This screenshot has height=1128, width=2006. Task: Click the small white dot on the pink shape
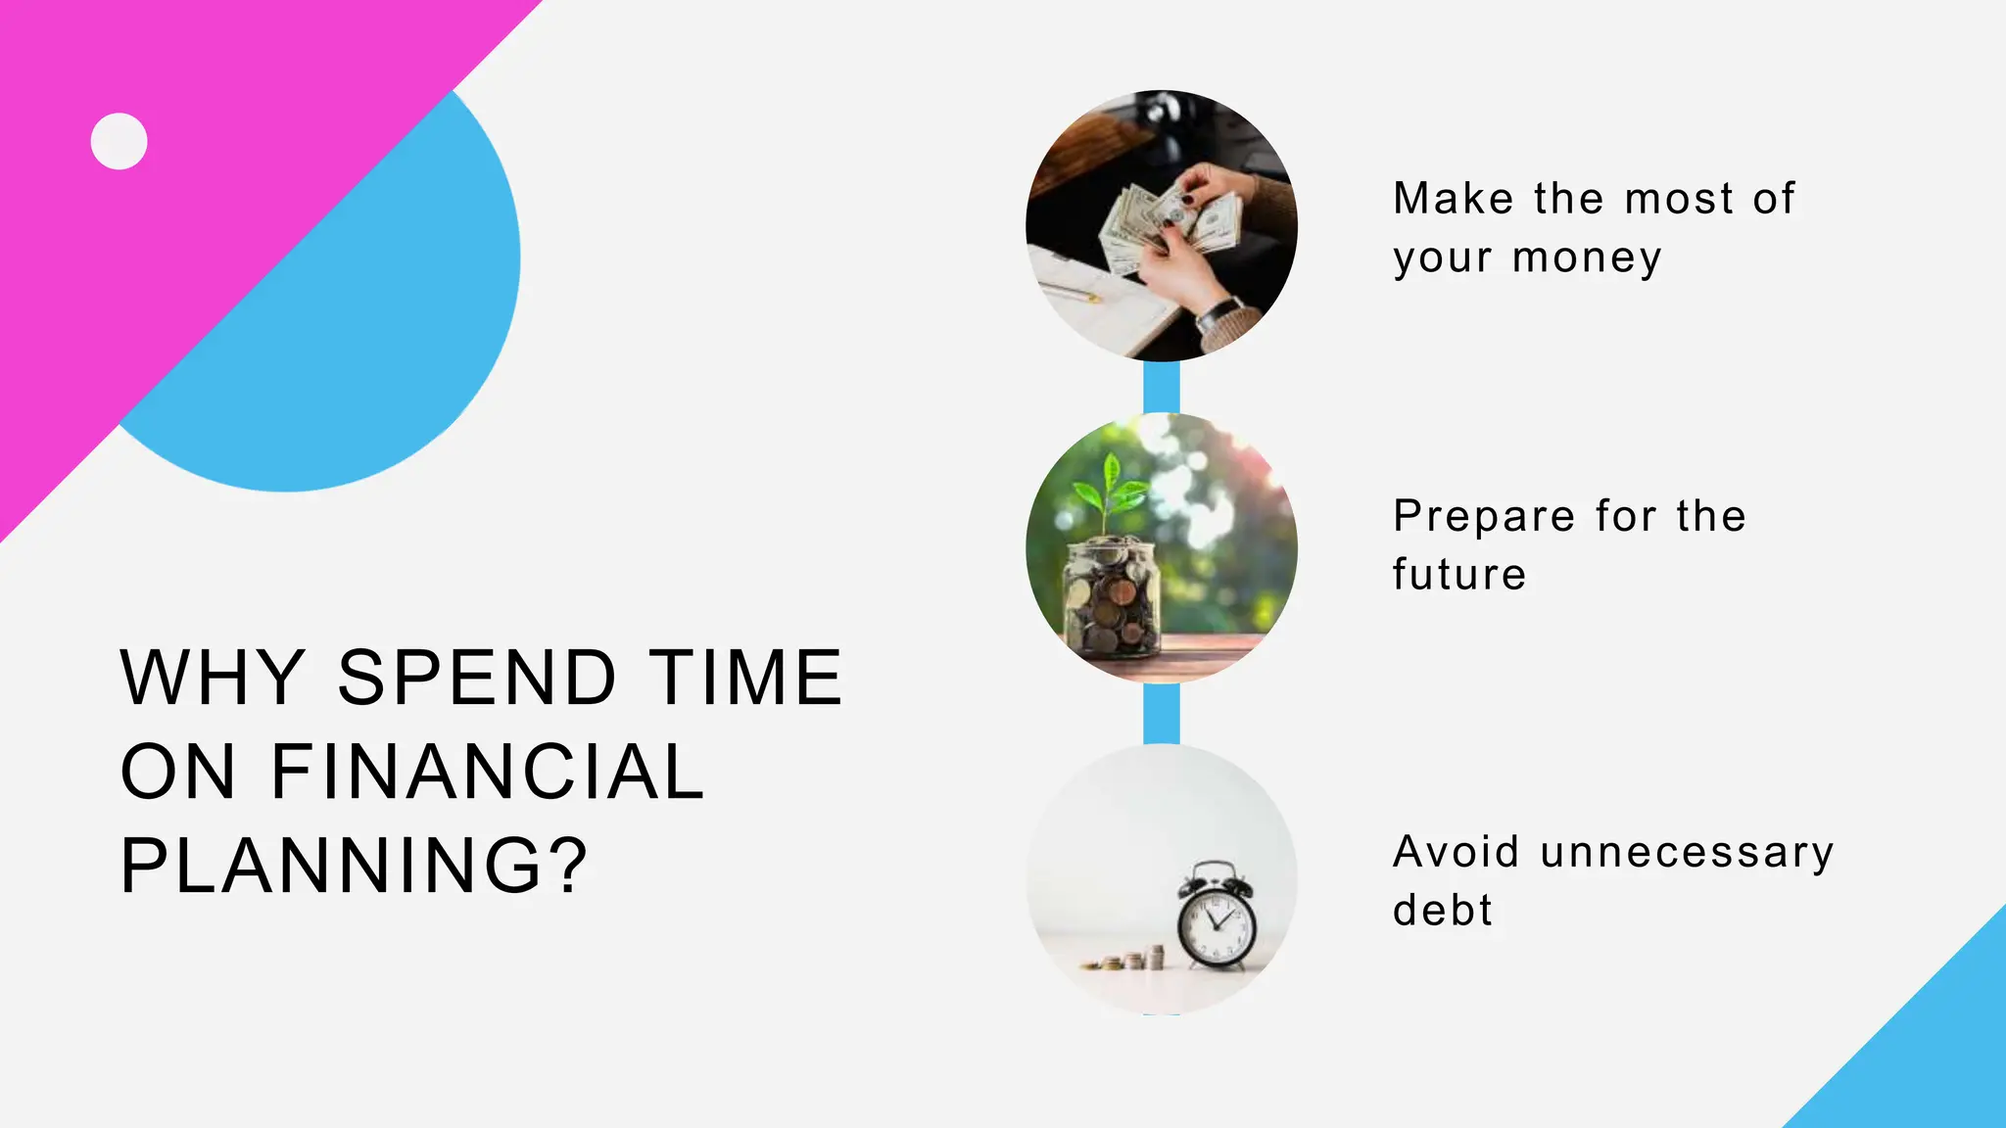(119, 141)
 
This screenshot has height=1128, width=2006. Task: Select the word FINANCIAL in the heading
(487, 772)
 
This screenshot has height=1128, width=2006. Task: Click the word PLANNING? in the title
(355, 865)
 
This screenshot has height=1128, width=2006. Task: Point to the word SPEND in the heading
(477, 677)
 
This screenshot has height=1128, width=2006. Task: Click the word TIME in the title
(746, 677)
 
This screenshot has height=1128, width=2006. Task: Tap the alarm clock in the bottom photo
(1216, 916)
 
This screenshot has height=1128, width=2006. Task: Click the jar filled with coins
(1111, 597)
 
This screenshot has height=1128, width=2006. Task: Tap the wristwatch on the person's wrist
(1218, 315)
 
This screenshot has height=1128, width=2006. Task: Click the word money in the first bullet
(1587, 258)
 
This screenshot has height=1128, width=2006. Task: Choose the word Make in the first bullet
(1454, 199)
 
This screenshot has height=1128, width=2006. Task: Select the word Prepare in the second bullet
(1483, 517)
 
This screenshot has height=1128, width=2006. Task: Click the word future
(1459, 575)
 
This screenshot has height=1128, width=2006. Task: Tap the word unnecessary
(1687, 852)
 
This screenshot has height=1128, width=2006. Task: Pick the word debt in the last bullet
(1442, 911)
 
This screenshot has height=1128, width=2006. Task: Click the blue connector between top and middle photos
(1162, 388)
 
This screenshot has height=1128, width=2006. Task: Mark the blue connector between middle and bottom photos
(1162, 714)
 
